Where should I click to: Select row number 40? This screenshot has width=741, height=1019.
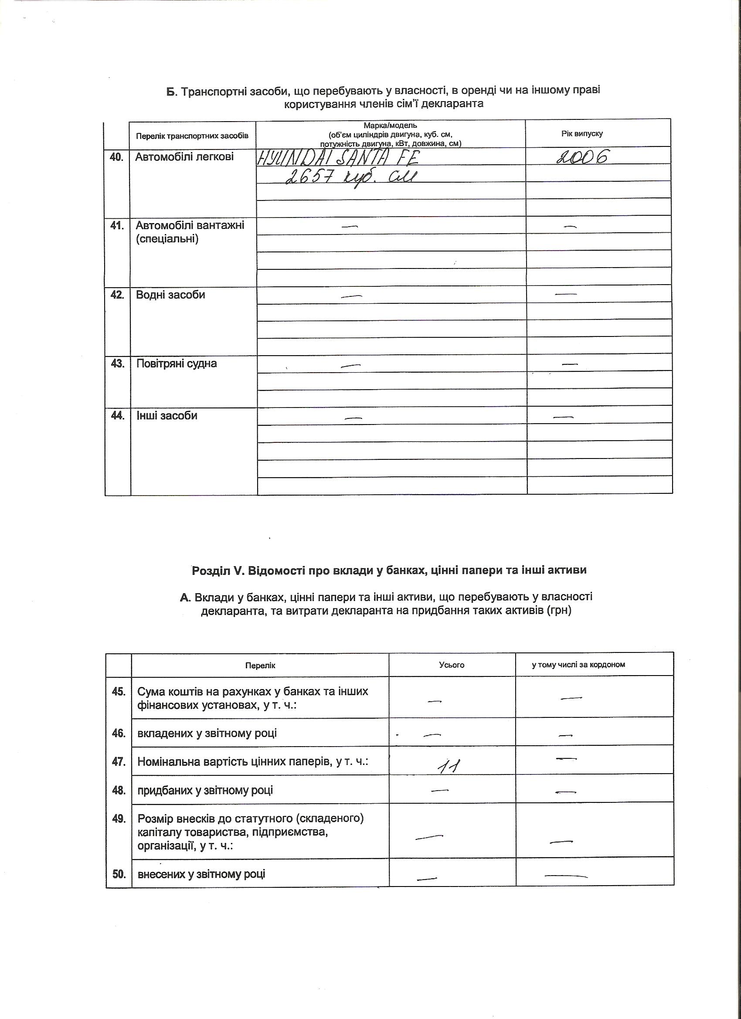pos(117,157)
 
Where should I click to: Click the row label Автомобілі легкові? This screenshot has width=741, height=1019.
pos(185,157)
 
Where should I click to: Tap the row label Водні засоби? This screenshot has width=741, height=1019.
pos(171,295)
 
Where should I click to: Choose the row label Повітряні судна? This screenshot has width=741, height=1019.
pos(177,363)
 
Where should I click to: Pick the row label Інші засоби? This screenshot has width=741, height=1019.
pos(167,416)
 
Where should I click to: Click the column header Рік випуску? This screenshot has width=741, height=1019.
pos(582,133)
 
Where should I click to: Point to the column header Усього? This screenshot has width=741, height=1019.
pos(452,665)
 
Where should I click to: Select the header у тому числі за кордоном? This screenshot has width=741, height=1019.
pos(578,665)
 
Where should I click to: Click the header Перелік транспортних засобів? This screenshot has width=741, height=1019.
pos(192,136)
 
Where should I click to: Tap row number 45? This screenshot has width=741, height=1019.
pos(119,691)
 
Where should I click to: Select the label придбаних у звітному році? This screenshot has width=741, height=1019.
pos(205,790)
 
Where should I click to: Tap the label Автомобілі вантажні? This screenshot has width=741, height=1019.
pos(190,225)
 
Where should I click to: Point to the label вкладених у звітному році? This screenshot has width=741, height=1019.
pos(207,733)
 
